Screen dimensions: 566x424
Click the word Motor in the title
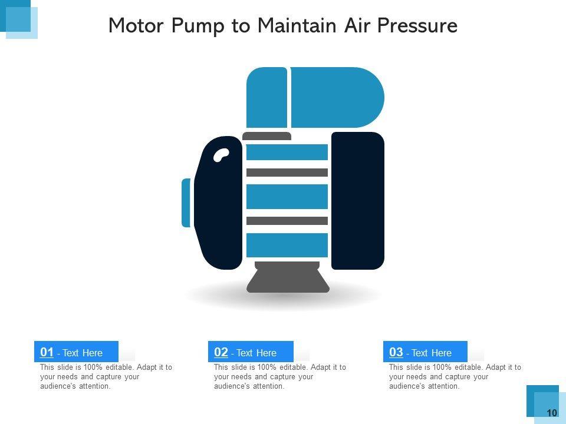[x=136, y=25]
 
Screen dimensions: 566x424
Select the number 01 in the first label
[x=47, y=352]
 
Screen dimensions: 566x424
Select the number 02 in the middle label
[x=221, y=352]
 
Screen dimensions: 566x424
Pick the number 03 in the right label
[x=396, y=352]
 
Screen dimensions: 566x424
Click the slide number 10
[x=552, y=413]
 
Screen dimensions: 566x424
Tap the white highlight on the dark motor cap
[x=221, y=155]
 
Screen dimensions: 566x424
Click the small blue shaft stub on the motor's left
[x=186, y=203]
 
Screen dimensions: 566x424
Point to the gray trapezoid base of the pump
[x=288, y=277]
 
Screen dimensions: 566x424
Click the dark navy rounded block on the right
[x=358, y=200]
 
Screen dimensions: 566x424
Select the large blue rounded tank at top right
[x=337, y=97]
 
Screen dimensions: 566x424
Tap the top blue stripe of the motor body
[x=287, y=152]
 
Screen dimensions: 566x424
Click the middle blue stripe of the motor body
[x=287, y=197]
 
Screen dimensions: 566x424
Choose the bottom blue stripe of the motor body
[x=287, y=245]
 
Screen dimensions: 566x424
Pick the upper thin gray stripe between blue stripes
[x=287, y=173]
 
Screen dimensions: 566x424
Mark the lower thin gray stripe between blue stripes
[x=287, y=221]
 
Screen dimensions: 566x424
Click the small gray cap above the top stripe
[x=266, y=136]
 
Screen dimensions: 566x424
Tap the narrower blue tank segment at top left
[x=266, y=97]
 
